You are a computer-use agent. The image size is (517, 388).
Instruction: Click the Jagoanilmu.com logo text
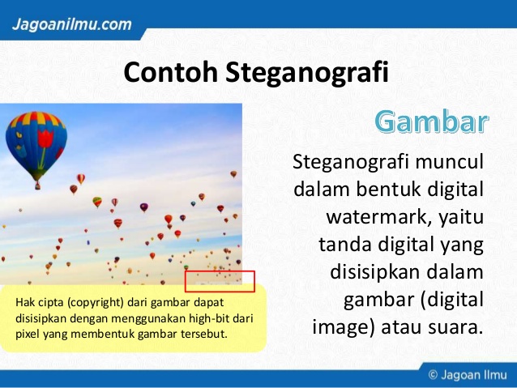click(72, 24)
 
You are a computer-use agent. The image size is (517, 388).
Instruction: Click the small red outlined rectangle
click(220, 281)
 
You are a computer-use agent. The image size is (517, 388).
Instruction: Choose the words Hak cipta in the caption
click(36, 303)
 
